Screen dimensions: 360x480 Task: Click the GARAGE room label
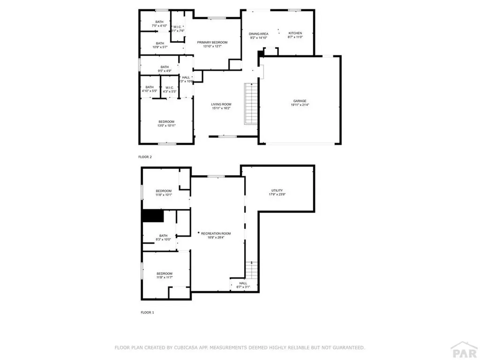pos(300,101)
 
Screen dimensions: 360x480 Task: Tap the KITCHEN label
pos(295,33)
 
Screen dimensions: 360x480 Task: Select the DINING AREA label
pos(259,34)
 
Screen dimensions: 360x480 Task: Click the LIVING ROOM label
pos(221,104)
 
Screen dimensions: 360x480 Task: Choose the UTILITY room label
pos(277,190)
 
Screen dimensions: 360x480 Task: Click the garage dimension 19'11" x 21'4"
pos(300,105)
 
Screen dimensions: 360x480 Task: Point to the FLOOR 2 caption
pos(145,157)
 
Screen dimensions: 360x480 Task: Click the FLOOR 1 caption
pos(147,312)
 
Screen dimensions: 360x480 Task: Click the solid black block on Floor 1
pos(152,216)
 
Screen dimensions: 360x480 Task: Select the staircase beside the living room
pos(251,104)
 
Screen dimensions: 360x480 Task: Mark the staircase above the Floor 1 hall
pos(252,270)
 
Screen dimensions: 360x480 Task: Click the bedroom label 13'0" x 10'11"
pos(166,126)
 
